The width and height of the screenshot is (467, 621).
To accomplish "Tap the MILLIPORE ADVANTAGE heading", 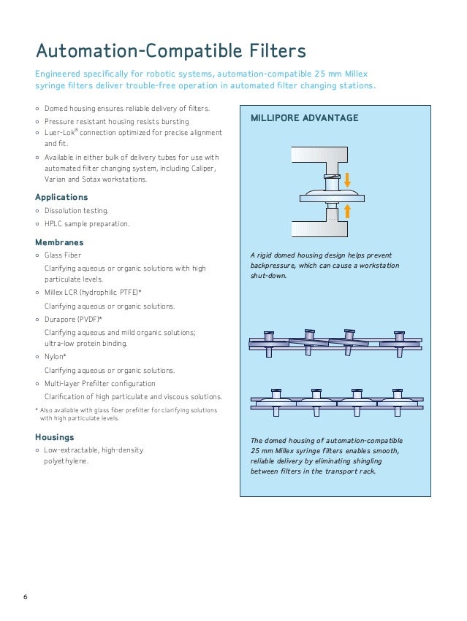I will tap(304, 118).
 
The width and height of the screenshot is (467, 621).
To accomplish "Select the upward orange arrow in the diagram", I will tap(348, 211).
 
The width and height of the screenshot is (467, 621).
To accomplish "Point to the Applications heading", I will tap(61, 197).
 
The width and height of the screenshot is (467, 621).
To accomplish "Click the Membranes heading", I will tap(59, 242).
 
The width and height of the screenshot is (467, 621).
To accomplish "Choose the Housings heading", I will tap(55, 437).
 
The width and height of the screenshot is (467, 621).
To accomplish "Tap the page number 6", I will tap(25, 598).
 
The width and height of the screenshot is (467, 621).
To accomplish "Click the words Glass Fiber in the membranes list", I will tap(63, 255).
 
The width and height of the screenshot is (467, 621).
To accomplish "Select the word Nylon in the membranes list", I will tap(55, 357).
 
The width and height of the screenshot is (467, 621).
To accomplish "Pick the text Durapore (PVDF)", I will tap(72, 319).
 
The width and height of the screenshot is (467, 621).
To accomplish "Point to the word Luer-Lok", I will tap(59, 133).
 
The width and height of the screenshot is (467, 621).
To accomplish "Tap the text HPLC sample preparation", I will tap(87, 224).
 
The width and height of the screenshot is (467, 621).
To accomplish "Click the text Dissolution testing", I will tap(76, 211).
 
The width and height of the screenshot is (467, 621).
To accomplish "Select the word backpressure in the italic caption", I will tap(276, 266).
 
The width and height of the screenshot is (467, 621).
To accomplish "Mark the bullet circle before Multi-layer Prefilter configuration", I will tap(37, 383).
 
